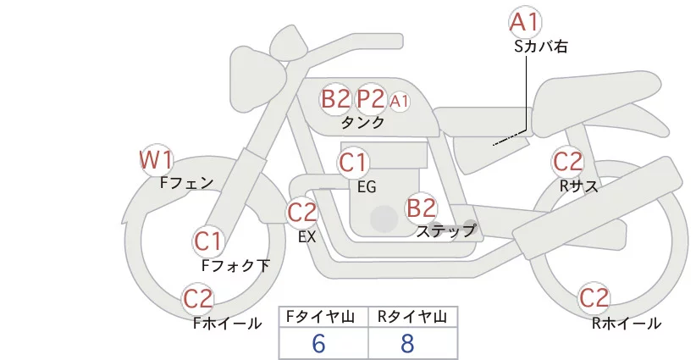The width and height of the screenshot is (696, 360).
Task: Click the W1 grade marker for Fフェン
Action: click(156, 160)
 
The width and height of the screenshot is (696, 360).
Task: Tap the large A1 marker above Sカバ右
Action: click(525, 22)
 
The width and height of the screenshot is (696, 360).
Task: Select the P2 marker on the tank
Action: click(370, 98)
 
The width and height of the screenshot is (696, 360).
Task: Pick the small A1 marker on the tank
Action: click(399, 102)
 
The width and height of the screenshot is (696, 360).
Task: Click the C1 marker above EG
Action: click(353, 163)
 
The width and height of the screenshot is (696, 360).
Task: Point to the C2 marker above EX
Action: click(302, 213)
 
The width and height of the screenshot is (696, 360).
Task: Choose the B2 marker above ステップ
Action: click(421, 208)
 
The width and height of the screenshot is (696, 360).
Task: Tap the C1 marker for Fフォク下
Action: click(208, 242)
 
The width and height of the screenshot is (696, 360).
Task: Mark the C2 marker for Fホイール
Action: click(198, 299)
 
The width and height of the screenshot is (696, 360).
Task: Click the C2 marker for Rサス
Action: click(567, 162)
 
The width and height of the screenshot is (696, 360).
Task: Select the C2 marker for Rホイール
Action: click(594, 298)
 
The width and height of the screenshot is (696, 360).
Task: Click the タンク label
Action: click(362, 123)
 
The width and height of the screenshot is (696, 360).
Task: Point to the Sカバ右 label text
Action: click(541, 47)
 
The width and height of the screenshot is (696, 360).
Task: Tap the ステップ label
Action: click(445, 231)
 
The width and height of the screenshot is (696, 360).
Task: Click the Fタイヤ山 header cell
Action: click(323, 317)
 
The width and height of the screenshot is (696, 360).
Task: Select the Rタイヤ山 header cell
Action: click(413, 317)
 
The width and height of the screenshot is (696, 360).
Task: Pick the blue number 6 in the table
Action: click(318, 344)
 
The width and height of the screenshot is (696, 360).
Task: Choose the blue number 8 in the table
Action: click(407, 344)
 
